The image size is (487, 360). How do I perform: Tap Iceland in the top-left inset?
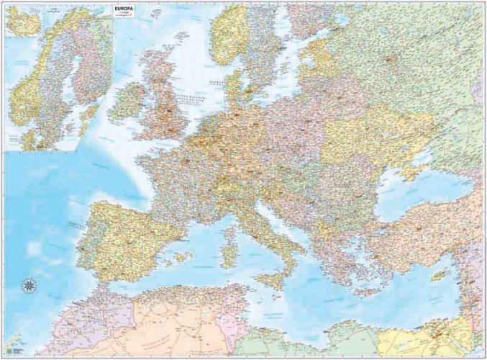[22, 22]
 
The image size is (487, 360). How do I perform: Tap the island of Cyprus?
[437, 276]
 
